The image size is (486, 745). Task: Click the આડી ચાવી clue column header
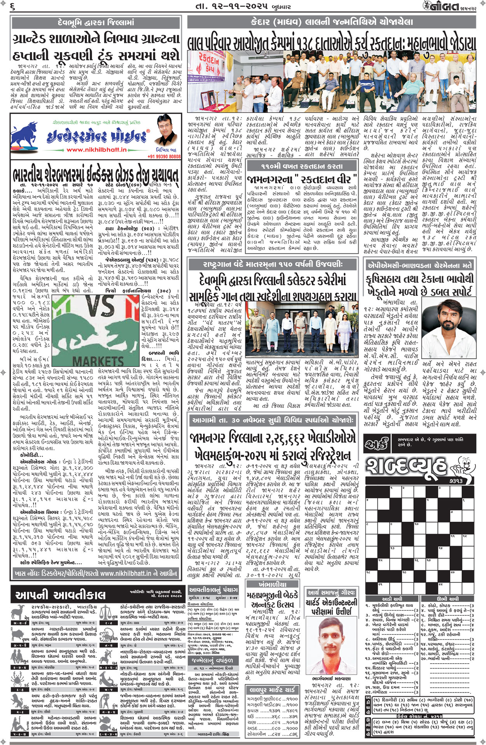(x=392, y=599)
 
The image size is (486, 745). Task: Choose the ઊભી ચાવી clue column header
(x=447, y=599)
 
